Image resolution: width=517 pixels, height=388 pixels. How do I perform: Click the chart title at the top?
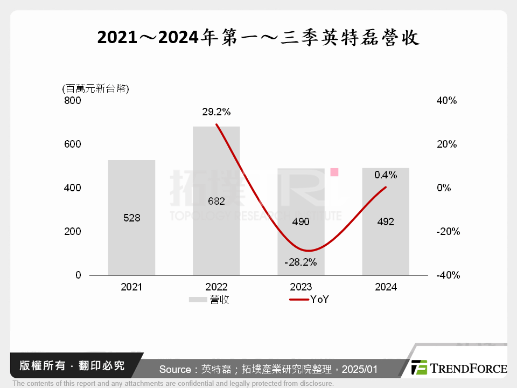tap(258, 38)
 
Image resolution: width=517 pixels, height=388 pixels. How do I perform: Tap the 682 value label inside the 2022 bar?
tap(216, 201)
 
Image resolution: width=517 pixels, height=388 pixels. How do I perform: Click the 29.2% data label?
tap(216, 112)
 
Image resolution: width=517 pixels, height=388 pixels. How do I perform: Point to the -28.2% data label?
tap(301, 262)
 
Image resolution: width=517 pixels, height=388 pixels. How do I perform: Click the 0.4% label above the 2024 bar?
tap(386, 175)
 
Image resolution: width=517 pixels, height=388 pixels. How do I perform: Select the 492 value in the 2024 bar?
tap(386, 221)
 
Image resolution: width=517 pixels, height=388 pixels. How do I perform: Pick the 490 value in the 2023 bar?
tap(301, 221)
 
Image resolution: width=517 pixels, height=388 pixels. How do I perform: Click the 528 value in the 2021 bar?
tap(131, 218)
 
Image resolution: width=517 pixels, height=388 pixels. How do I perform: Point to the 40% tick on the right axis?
tap(446, 101)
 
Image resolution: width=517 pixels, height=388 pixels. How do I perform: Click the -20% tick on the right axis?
tap(446, 232)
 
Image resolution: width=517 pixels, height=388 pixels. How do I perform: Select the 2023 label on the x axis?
tap(301, 287)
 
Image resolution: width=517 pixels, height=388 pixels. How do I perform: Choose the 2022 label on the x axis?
tap(216, 287)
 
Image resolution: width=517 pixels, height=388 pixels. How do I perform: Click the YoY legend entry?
tap(309, 300)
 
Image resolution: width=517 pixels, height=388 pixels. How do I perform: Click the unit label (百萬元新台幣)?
tap(95, 88)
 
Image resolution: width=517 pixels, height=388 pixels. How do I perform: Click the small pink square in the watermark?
tap(334, 172)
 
